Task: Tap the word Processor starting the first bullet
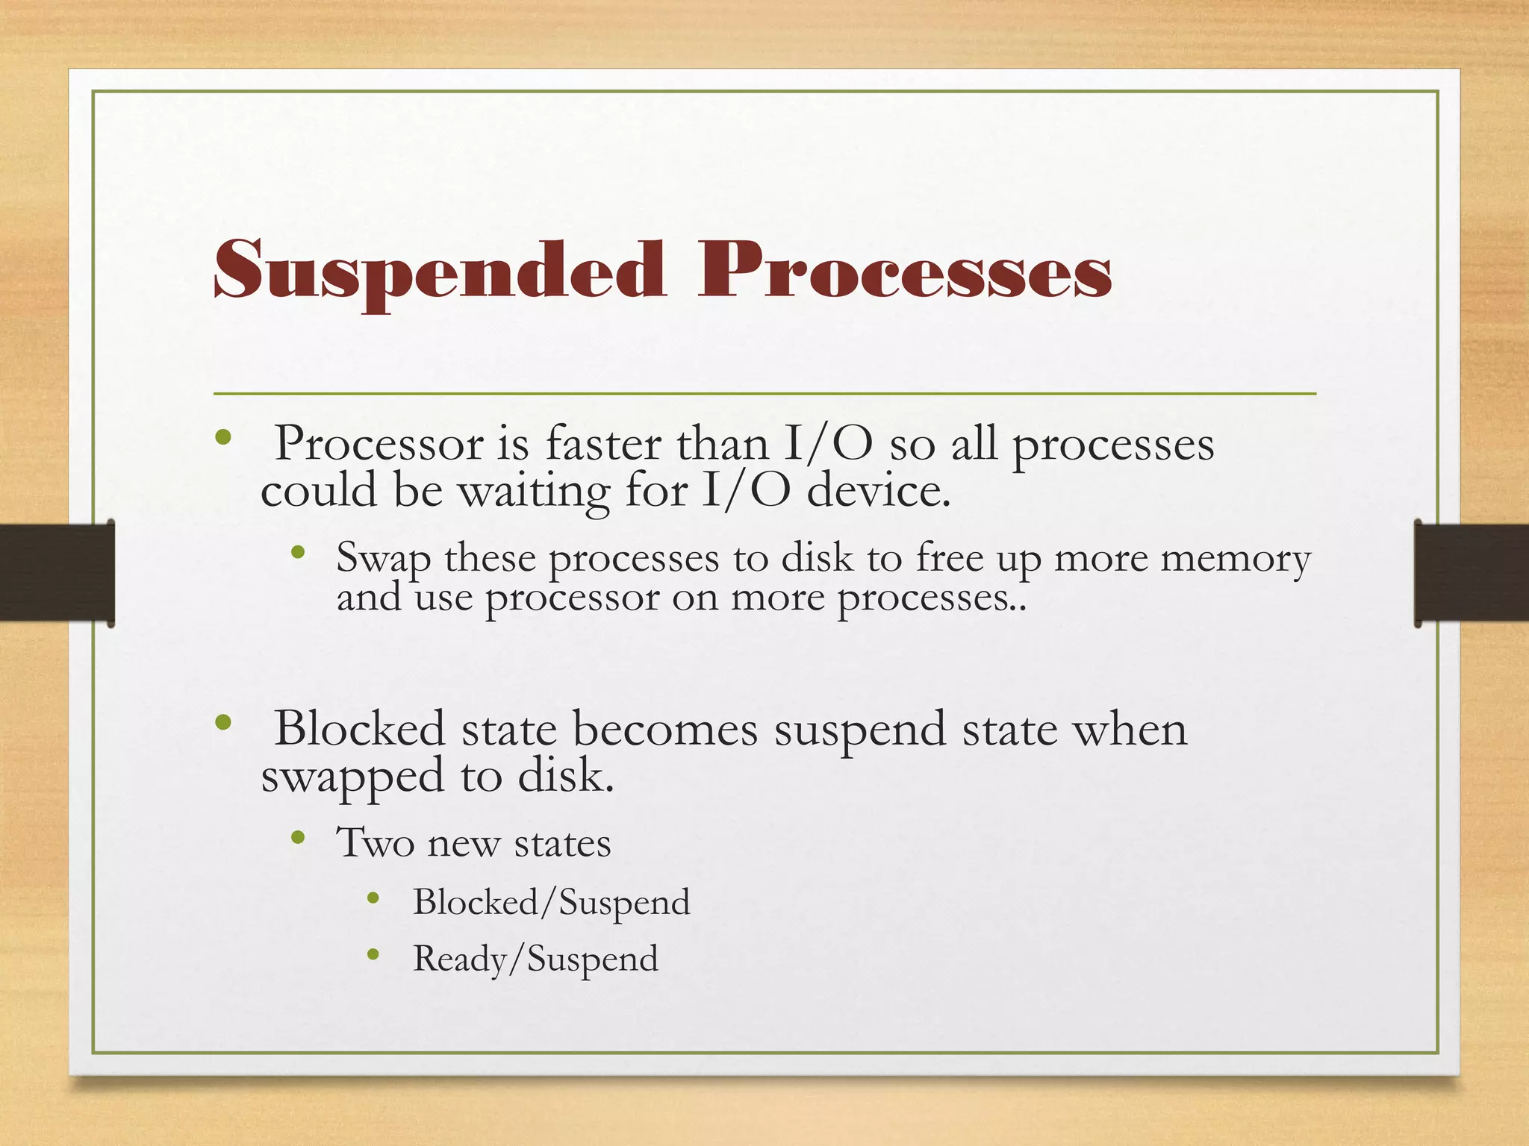379,445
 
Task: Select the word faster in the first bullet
603,444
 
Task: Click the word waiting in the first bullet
533,493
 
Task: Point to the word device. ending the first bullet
879,492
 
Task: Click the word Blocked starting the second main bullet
359,729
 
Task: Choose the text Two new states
473,844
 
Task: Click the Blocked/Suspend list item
551,903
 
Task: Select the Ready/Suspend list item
535,959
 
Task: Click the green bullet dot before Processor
222,438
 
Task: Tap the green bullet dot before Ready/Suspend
374,954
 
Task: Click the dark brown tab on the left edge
56,573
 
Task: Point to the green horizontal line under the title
764,393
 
